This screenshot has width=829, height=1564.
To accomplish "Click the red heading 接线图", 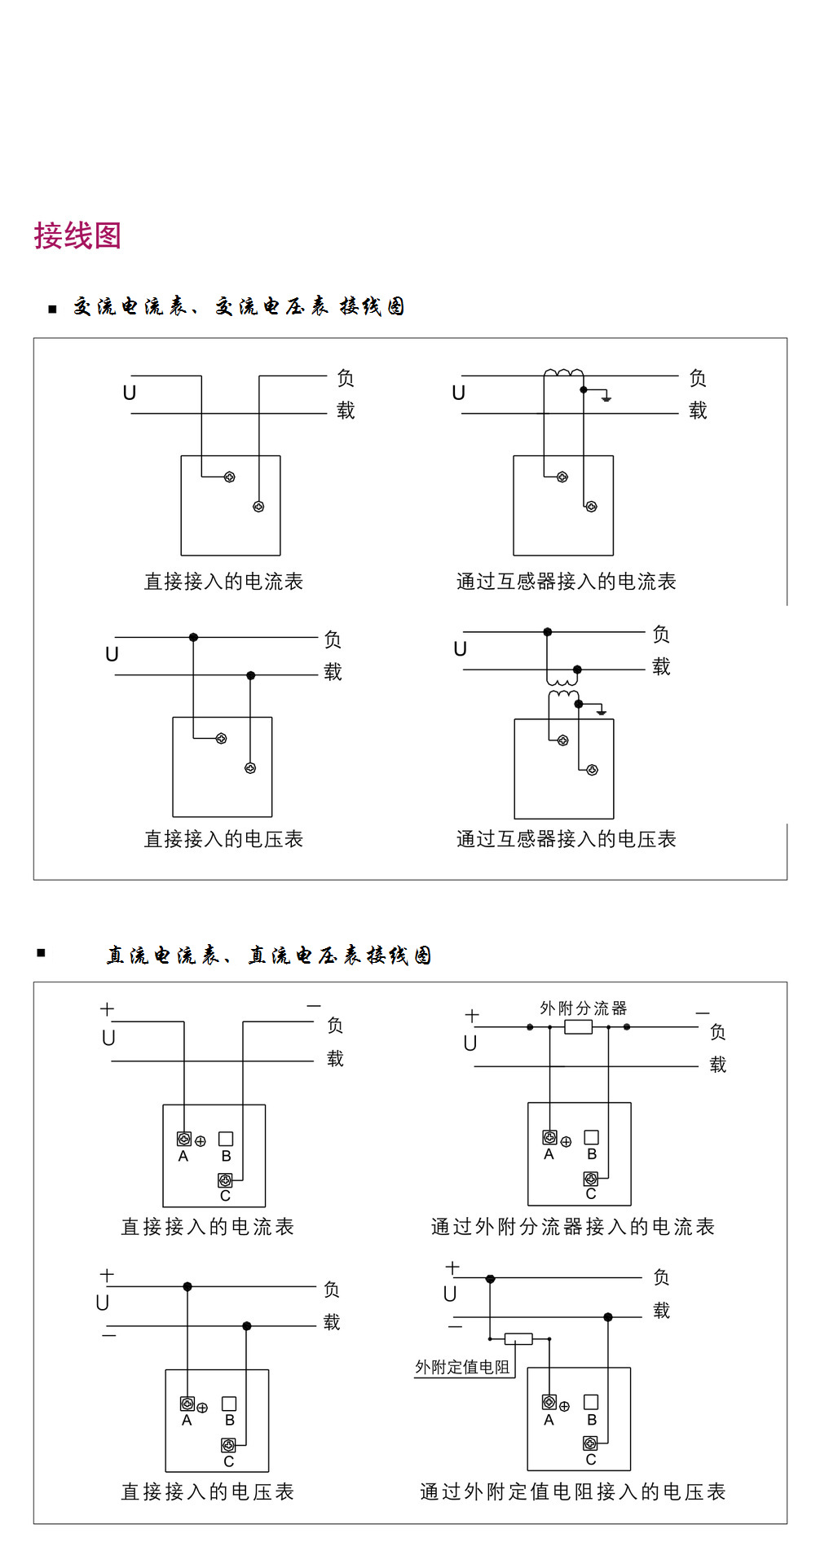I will click(77, 235).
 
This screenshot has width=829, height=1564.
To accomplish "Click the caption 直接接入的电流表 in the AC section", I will click(223, 582).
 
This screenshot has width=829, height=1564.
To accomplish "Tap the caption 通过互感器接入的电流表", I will click(566, 582).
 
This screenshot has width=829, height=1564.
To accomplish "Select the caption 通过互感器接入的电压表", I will click(566, 839).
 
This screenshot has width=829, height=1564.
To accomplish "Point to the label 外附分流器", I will click(583, 1008).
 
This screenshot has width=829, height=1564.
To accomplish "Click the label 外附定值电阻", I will click(462, 1367).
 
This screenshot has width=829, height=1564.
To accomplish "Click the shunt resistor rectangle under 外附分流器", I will click(578, 1027).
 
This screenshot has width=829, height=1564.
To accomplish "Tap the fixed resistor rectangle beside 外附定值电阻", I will click(518, 1338).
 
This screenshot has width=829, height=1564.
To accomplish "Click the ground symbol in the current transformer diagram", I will click(606, 397).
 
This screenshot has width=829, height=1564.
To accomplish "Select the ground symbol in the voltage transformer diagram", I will click(601, 711).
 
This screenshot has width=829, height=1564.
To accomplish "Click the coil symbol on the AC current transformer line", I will click(563, 373).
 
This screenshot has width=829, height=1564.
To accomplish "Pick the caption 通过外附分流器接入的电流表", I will click(572, 1227).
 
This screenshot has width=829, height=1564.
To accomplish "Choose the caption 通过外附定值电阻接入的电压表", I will click(572, 1492).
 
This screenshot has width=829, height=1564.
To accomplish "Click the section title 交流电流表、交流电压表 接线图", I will click(239, 307).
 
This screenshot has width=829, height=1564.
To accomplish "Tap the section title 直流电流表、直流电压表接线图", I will click(268, 956).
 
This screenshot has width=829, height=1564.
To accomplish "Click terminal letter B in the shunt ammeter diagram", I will click(592, 1154).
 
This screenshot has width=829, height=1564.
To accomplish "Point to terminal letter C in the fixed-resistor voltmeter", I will click(590, 1460).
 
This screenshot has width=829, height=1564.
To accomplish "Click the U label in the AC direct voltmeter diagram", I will click(112, 654).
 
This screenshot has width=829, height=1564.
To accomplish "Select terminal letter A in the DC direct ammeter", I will click(183, 1157).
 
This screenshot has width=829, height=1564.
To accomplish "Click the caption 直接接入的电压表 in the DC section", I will click(207, 1492).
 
